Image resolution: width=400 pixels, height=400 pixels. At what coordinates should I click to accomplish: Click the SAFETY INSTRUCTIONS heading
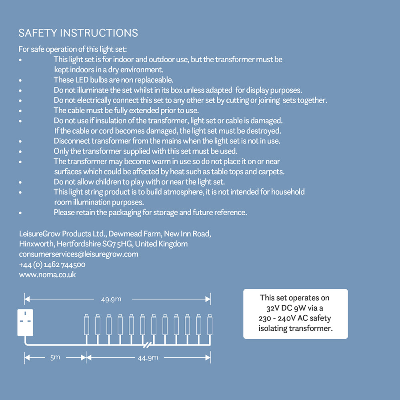pos(78,33)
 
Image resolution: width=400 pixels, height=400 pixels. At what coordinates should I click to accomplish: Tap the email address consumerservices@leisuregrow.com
pos(78,254)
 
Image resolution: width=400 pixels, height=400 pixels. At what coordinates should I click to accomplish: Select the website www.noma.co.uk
pos(47,275)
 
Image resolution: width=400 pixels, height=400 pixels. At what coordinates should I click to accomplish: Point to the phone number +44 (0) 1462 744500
pos(52,264)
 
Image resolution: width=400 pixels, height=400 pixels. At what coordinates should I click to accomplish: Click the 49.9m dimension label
pos(111,299)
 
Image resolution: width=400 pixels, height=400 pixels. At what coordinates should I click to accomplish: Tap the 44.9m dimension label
pos(148,357)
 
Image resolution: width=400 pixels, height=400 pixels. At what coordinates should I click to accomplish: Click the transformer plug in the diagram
pos(25,322)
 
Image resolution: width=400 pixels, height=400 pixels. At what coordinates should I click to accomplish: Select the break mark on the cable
pos(147,344)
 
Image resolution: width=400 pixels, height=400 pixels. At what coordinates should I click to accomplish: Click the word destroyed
pos(266,131)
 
